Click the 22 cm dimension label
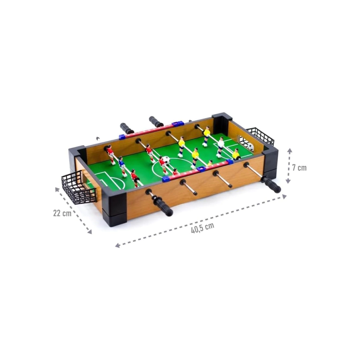click(62, 213)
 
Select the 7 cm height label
click(300, 168)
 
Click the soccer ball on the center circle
click(166, 160)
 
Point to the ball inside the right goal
click(250, 147)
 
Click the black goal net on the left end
click(78, 187)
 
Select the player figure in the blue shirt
click(122, 166)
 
